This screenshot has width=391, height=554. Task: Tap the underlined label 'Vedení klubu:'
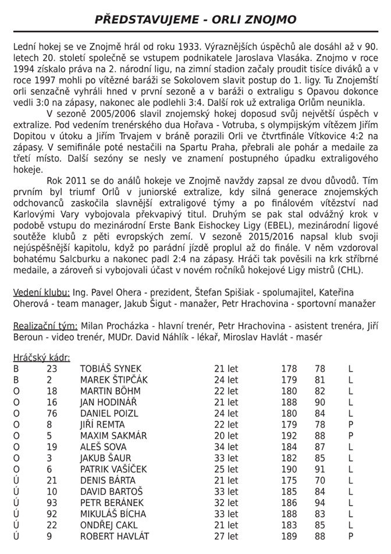[x=42, y=292]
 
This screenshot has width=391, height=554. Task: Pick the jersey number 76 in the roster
[x=52, y=413]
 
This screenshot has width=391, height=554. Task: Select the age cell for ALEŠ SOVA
[x=226, y=447]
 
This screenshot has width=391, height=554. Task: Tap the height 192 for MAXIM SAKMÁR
[x=289, y=435]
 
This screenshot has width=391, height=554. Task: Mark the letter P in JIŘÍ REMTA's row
[x=351, y=424]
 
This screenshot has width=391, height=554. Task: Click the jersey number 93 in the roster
[x=52, y=502]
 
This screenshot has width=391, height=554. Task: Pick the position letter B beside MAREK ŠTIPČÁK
[x=16, y=380]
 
